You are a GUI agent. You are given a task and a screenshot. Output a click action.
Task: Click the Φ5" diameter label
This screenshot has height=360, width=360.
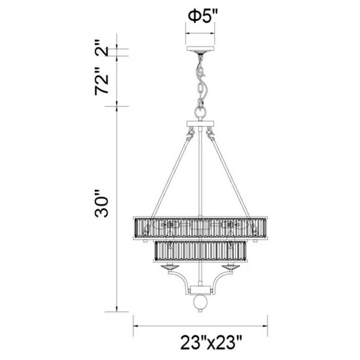(201, 17)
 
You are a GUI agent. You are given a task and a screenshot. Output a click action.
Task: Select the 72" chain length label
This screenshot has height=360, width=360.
(100, 82)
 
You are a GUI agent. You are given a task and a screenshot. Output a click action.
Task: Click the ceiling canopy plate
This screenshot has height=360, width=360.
(201, 50)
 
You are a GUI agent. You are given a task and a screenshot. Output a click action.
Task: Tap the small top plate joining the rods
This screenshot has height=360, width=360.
(201, 124)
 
